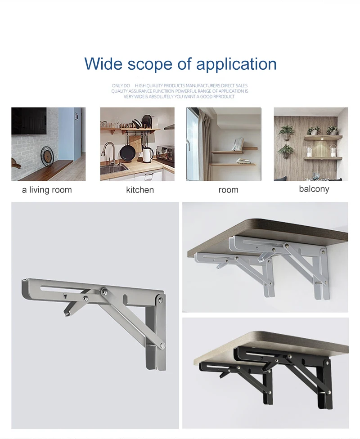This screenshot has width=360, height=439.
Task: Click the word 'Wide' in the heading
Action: click(x=103, y=63)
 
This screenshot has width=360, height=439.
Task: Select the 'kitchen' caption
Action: click(x=140, y=190)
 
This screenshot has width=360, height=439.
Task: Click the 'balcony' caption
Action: click(x=314, y=189)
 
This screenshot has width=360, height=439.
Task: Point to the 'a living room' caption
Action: click(x=47, y=190)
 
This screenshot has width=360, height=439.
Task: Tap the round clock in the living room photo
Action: click(x=47, y=157)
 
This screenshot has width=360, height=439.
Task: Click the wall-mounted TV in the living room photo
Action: click(x=29, y=121)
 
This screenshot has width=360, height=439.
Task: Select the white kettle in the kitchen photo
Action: click(x=148, y=155)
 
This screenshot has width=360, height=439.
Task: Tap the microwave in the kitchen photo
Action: click(x=165, y=153)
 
